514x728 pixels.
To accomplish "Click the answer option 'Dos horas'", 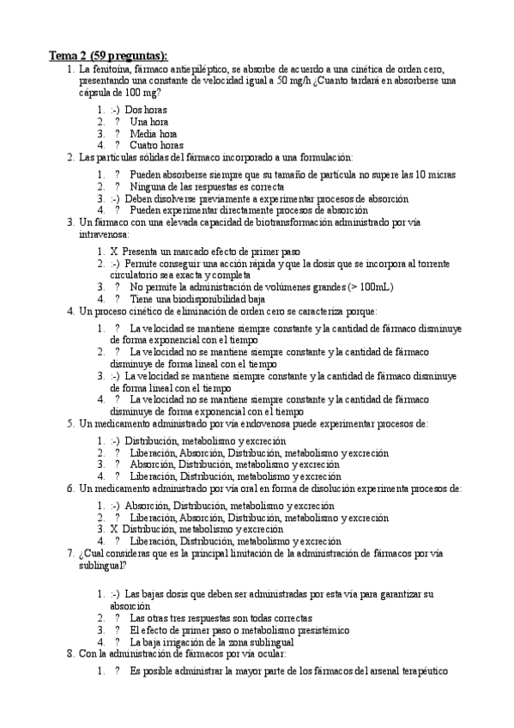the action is pos(146,110).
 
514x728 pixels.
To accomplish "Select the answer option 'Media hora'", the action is pos(154,134).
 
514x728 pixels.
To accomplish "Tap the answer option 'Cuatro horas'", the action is pos(157,145).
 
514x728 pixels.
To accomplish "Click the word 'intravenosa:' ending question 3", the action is pos(104,234).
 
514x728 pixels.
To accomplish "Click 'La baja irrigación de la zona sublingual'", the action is pos(212,642).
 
